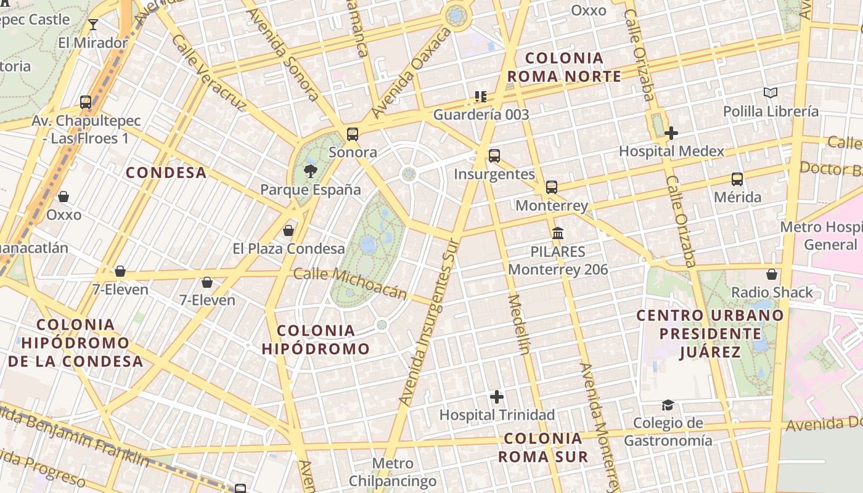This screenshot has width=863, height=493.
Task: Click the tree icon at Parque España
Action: [x=310, y=171]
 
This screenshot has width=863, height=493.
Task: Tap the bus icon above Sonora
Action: [x=353, y=134]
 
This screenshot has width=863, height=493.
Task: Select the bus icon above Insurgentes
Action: [x=494, y=155]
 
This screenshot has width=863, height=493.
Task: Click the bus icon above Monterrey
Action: [x=552, y=187]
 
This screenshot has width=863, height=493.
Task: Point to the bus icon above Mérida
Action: [x=737, y=179]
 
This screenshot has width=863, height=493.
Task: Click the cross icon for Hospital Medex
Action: [x=671, y=132]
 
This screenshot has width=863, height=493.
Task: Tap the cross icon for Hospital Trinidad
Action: [x=497, y=397]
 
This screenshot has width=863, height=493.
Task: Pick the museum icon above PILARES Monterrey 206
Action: [x=558, y=234]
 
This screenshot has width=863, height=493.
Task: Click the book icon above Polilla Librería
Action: [x=771, y=93]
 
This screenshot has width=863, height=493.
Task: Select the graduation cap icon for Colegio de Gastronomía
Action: [x=668, y=405]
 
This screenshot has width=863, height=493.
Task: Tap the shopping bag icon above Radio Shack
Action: [x=772, y=274]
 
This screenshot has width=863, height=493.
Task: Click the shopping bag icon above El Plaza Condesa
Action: [x=288, y=231]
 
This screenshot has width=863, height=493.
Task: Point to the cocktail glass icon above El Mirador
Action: [x=93, y=25]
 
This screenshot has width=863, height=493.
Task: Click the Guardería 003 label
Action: [x=481, y=115]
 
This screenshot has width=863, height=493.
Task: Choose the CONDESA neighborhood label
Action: [x=166, y=173]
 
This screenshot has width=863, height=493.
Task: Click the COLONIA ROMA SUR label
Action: [x=542, y=448]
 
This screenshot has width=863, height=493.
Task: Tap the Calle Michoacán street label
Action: [x=350, y=283]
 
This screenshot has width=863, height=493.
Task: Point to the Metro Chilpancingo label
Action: [x=393, y=472]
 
